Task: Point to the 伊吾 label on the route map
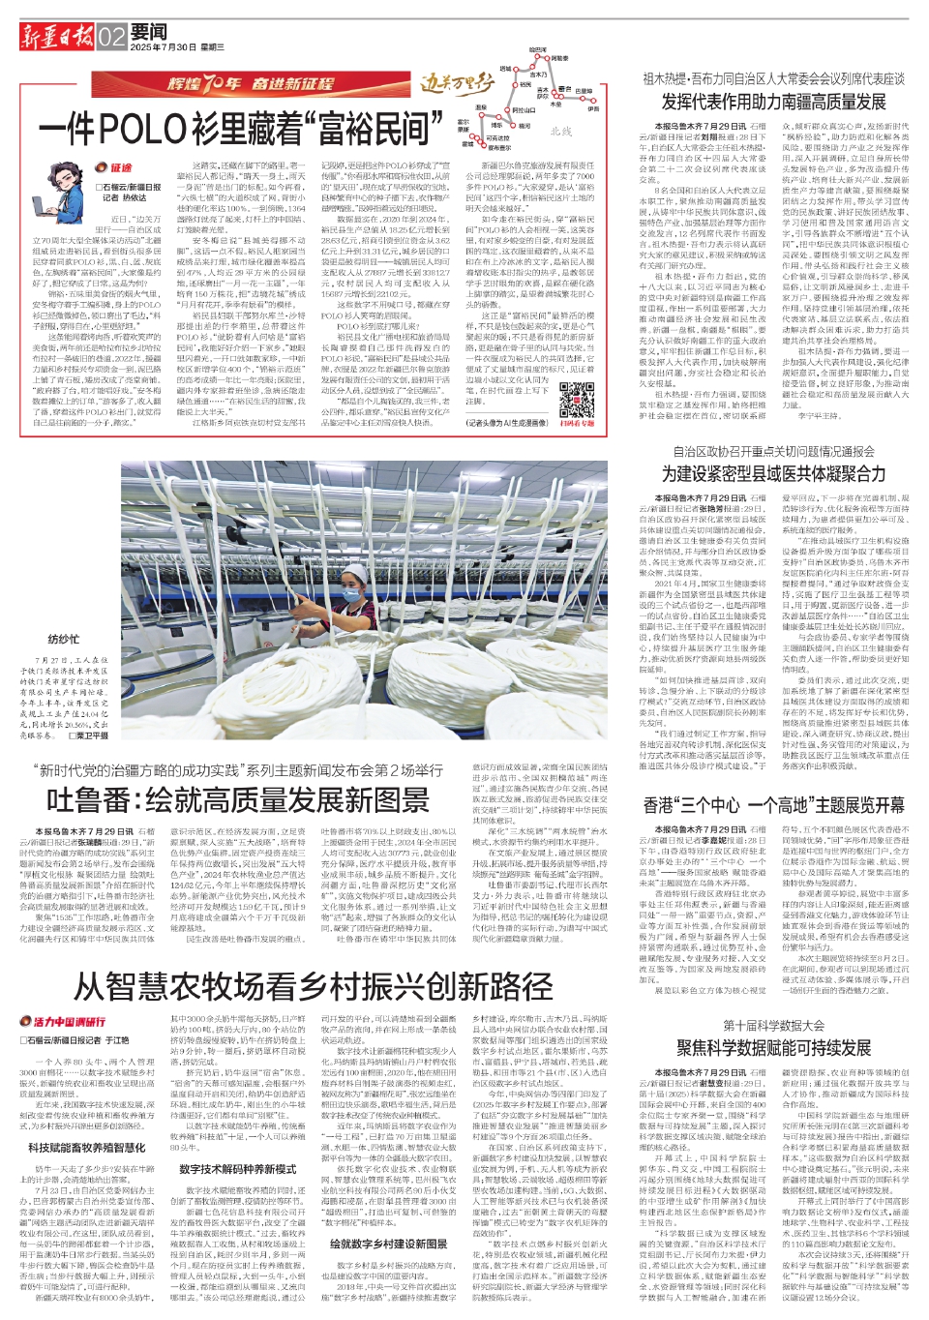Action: click(592, 109)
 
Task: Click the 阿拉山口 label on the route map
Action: click(524, 110)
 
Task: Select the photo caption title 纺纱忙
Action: click(64, 640)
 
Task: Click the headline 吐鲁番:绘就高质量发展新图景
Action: click(237, 799)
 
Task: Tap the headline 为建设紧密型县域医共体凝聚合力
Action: click(773, 473)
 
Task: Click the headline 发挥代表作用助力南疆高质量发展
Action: click(773, 102)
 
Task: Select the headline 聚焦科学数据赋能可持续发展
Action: click(773, 1048)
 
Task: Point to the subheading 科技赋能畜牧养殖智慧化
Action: click(87, 1148)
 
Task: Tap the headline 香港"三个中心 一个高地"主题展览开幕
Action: click(773, 805)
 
